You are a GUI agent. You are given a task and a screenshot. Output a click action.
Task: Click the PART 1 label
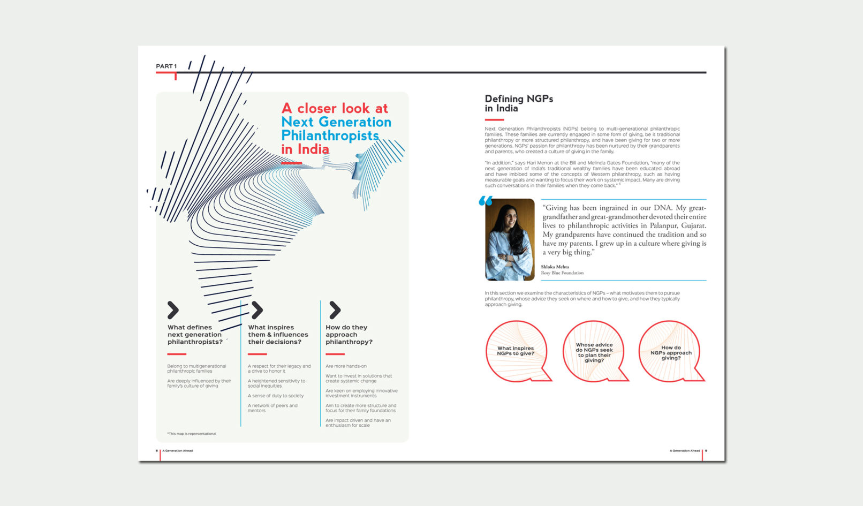(x=166, y=66)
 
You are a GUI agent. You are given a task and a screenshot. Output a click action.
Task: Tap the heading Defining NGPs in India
(x=518, y=103)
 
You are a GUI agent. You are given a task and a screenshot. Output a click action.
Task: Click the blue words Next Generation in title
(x=336, y=122)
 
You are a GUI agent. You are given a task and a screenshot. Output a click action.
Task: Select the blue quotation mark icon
(x=485, y=201)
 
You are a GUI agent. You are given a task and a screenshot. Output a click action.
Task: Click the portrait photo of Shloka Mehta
(x=510, y=239)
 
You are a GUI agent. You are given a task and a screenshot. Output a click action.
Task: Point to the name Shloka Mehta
(x=555, y=267)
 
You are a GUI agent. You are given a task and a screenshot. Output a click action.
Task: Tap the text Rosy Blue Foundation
(x=562, y=273)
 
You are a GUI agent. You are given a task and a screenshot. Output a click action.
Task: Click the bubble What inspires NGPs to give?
(x=516, y=351)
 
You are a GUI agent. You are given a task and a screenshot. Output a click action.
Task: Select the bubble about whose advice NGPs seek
(x=594, y=352)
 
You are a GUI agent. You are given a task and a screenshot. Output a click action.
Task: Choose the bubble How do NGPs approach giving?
(x=670, y=352)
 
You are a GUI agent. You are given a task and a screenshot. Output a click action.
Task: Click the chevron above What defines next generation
(x=173, y=309)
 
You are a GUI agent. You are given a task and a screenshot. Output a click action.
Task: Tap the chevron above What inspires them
(x=257, y=309)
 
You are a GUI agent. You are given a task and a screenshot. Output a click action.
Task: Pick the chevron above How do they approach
(x=335, y=309)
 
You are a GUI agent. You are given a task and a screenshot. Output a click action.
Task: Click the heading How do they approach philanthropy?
(x=349, y=335)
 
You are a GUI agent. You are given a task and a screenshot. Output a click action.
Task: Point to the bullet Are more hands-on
(x=346, y=366)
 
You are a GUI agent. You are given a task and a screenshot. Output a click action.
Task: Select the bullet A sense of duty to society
(x=275, y=396)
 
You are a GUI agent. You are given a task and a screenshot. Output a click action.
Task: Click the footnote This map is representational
(x=192, y=434)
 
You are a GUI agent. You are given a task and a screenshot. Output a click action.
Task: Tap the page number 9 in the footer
(x=706, y=451)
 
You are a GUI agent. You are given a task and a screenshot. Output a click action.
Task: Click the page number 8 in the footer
(x=156, y=451)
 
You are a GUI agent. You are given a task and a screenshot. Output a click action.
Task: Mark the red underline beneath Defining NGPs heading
(x=494, y=119)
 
